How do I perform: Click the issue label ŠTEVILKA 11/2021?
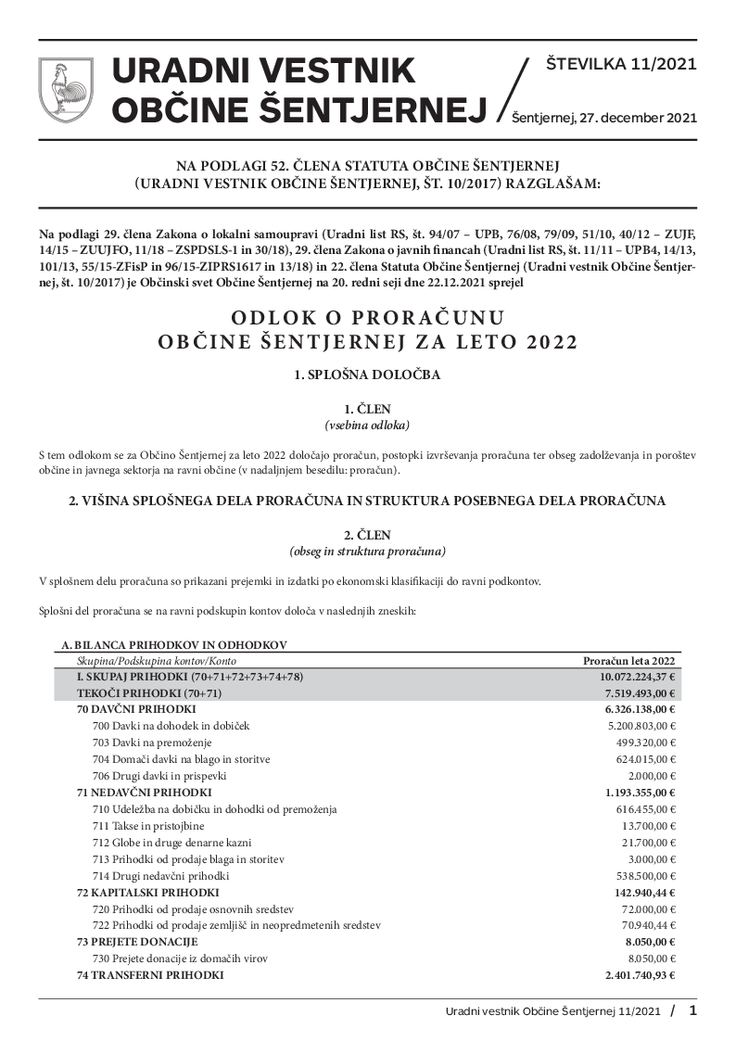pos(621,65)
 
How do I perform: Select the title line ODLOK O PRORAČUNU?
pos(368,318)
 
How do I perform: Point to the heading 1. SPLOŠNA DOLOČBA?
pos(368,375)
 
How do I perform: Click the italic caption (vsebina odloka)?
pos(368,425)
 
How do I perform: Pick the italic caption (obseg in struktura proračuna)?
pos(368,552)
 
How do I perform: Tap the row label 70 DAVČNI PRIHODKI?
pos(136,709)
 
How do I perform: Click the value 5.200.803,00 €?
pos(636,726)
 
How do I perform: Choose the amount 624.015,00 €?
pos(641,759)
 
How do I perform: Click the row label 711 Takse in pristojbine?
pos(149,826)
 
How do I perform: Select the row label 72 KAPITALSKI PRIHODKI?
pos(147,893)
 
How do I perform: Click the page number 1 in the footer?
pos(692,1010)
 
